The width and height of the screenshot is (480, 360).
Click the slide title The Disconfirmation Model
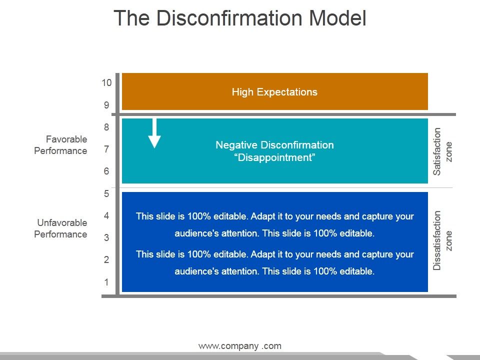240,18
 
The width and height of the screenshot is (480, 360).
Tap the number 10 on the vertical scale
106,83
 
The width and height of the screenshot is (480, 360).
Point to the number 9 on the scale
106,105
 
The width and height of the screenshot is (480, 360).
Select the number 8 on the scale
106,127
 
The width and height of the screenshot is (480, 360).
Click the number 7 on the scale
106,149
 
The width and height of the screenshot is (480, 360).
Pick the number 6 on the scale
106,171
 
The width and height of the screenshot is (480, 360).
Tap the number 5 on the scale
106,194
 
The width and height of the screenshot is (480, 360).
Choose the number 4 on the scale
106,216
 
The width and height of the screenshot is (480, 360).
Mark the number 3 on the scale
106,238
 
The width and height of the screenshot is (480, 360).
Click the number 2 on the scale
106,260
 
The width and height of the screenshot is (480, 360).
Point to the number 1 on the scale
106,282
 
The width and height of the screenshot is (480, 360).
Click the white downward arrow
155,133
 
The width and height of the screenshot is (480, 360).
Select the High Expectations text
274,92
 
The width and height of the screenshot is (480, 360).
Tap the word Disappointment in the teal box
274,158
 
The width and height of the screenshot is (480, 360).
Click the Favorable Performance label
60,145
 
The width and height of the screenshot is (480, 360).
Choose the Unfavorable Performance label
60,228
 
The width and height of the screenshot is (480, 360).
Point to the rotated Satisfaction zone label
442,151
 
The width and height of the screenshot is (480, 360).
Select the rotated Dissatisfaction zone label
442,240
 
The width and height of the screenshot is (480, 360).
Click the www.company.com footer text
240,346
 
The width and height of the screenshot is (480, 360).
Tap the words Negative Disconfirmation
274,145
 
